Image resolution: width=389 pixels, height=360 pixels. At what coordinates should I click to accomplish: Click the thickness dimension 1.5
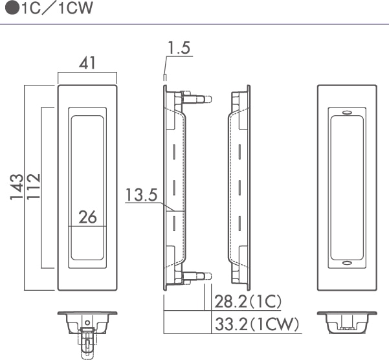click(x=179, y=48)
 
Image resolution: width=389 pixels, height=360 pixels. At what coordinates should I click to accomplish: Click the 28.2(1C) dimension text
click(x=249, y=301)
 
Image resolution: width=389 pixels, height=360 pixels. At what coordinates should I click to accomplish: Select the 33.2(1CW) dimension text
click(x=255, y=323)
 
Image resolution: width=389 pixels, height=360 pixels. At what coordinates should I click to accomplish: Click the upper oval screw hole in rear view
click(x=348, y=112)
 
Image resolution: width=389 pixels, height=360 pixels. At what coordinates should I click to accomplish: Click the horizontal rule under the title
click(x=194, y=25)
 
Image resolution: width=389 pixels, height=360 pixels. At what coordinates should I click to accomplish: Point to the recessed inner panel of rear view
click(x=348, y=188)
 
